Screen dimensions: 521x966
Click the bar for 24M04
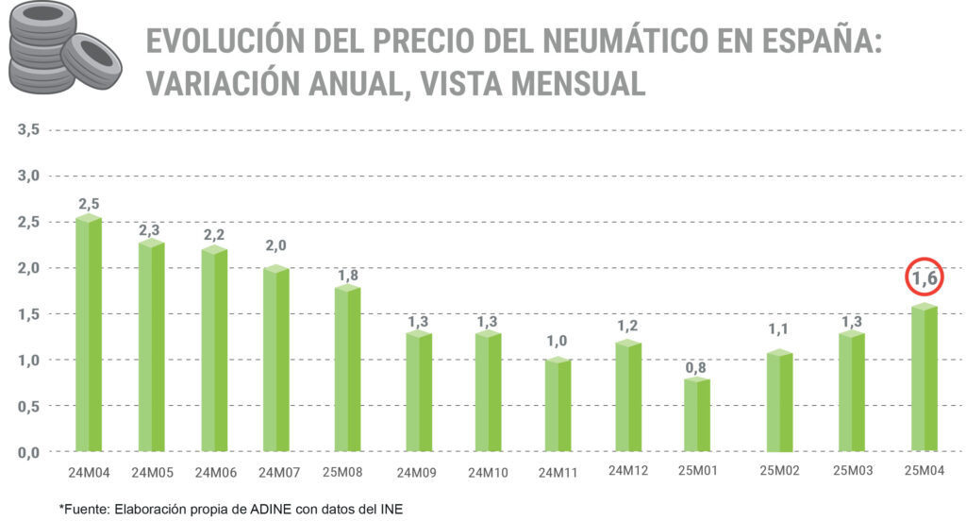[x=89, y=335]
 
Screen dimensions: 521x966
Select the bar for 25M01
[x=697, y=415]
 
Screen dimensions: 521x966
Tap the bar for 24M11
[x=558, y=406]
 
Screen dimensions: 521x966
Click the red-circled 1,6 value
[x=924, y=279]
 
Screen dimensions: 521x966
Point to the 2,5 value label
[x=89, y=204]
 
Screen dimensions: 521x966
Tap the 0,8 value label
[x=697, y=367]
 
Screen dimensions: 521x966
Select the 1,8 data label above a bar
[x=348, y=276]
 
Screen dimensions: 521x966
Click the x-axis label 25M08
[x=348, y=472]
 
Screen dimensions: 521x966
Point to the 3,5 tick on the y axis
[x=27, y=129]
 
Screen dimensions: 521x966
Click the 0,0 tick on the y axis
[x=27, y=452]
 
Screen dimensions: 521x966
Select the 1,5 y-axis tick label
[x=27, y=313]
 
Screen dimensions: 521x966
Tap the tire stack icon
[x=62, y=53]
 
